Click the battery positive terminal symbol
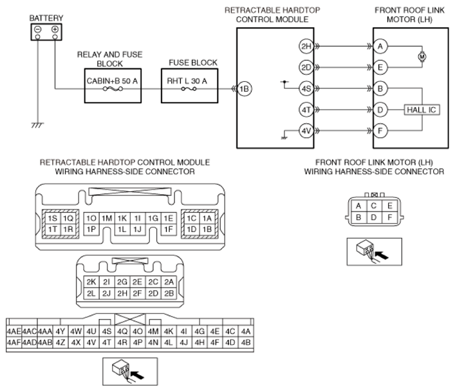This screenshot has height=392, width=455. (x=55, y=29)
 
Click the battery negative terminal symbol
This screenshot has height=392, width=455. (x=38, y=29)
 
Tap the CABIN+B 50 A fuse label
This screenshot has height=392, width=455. (x=112, y=81)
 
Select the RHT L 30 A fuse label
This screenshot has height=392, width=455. (x=187, y=81)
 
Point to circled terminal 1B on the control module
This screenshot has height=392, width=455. (x=245, y=89)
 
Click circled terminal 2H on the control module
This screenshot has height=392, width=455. (x=306, y=46)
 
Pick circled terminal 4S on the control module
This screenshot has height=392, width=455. (x=306, y=88)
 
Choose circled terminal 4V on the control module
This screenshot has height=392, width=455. (x=306, y=131)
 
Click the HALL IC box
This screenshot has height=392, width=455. (x=422, y=110)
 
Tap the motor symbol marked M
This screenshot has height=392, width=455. (x=422, y=57)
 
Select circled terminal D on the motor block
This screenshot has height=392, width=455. (x=380, y=110)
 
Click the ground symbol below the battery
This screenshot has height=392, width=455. (x=37, y=125)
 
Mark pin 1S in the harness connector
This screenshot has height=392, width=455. (x=53, y=219)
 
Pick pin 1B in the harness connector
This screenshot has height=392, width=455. (x=207, y=230)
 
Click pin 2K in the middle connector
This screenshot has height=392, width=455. (x=91, y=282)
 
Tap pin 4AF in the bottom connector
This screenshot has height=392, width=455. (x=14, y=342)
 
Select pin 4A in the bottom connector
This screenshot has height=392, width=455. (x=246, y=331)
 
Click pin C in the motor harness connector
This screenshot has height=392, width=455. (x=374, y=206)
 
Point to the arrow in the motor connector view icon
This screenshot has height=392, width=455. (x=381, y=255)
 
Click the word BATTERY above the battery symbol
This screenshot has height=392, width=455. (x=46, y=18)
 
